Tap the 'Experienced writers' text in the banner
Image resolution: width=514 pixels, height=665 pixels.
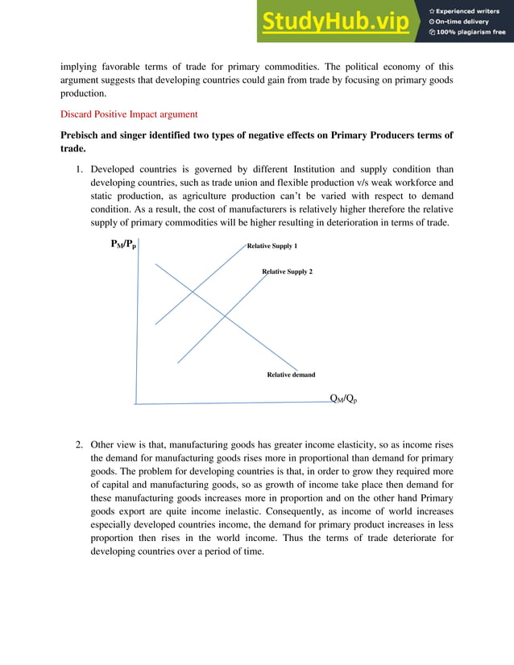[x=467, y=10]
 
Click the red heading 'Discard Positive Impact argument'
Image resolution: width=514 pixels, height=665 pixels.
[x=130, y=114]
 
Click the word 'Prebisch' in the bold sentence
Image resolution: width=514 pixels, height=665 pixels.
[x=82, y=134]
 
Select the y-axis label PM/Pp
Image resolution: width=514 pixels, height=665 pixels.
[x=122, y=244]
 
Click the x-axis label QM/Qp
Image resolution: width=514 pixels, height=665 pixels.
[x=344, y=399]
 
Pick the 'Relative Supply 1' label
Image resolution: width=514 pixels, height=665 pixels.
[x=272, y=246]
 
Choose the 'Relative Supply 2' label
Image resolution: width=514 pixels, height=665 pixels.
[x=287, y=271]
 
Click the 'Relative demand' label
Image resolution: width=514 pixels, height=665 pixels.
[x=291, y=374]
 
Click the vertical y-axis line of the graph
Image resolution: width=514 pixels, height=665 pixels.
[x=139, y=322]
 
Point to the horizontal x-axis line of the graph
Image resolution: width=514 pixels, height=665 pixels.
[x=234, y=403]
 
